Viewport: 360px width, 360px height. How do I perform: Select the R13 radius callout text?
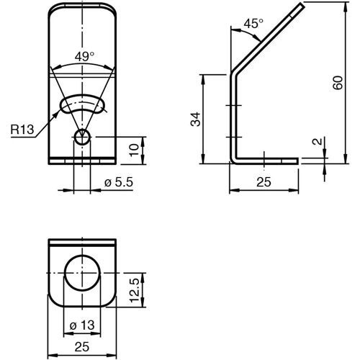point(23,130)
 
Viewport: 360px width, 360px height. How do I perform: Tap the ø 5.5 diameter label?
point(120,184)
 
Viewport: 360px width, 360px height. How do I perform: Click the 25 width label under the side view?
point(264,184)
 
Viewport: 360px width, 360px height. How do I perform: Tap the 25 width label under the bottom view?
point(81,347)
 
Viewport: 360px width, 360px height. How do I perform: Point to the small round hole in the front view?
point(82,138)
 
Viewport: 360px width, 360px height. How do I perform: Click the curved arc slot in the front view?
point(81,103)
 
